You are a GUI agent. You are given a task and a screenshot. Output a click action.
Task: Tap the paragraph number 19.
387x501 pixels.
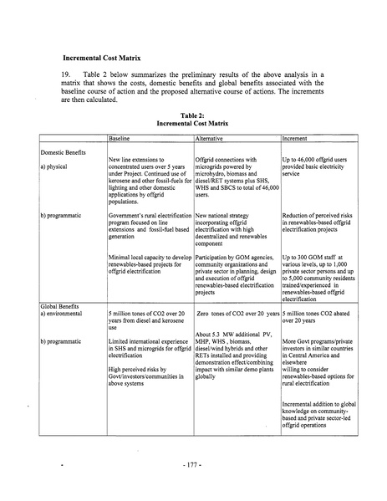[x=68, y=75]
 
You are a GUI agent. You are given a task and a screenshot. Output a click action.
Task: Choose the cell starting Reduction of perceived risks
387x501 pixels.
[x=318, y=221]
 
